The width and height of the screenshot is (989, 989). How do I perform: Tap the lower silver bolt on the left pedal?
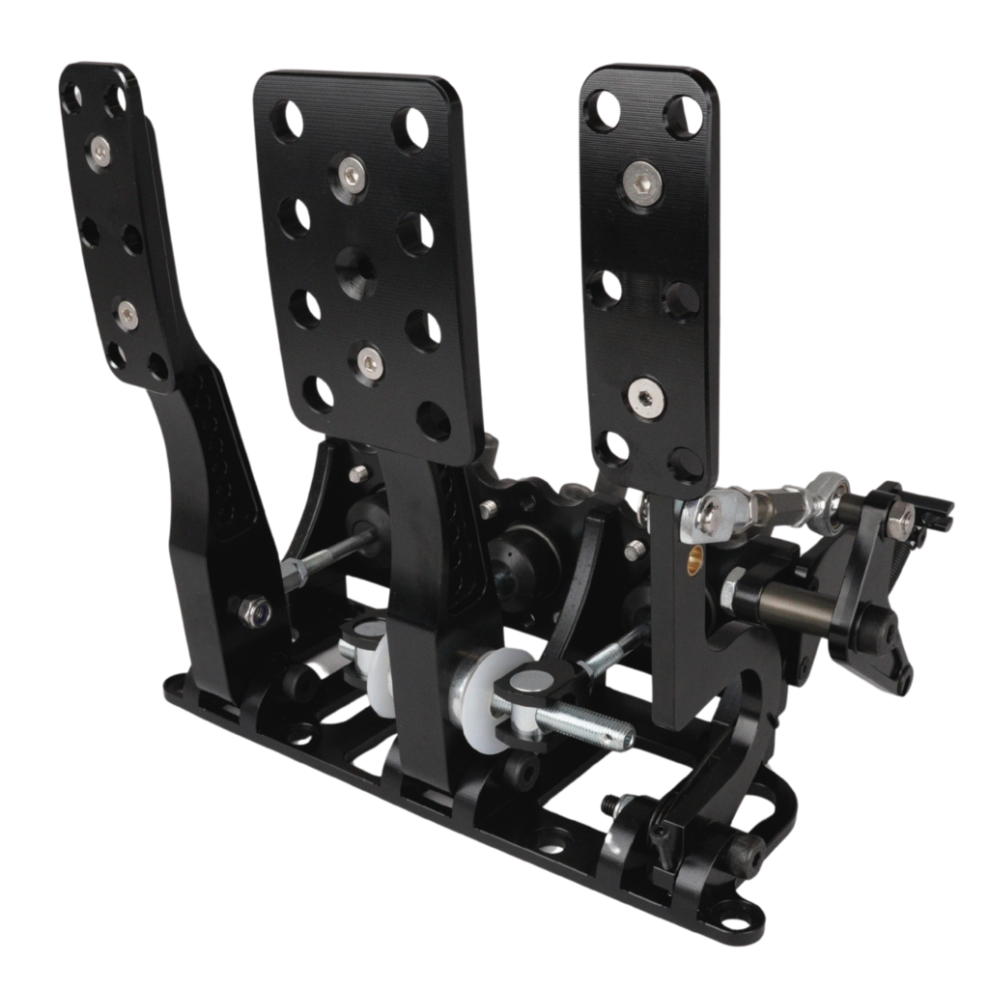pos(127,313)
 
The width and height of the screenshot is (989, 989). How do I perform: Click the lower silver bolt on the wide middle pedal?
pos(370,361)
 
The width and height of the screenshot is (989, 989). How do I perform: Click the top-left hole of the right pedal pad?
pos(604,110)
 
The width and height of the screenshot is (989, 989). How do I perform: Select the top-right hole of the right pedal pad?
pos(684,115)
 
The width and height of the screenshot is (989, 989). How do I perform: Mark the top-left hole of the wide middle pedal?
pos(286,119)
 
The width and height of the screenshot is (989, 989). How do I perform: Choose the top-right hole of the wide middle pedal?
pos(411,128)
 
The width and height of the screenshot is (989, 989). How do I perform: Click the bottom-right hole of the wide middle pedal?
pos(434,420)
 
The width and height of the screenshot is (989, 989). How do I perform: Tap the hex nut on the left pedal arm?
pos(255,610)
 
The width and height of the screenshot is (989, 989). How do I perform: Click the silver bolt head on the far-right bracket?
pos(899,521)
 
